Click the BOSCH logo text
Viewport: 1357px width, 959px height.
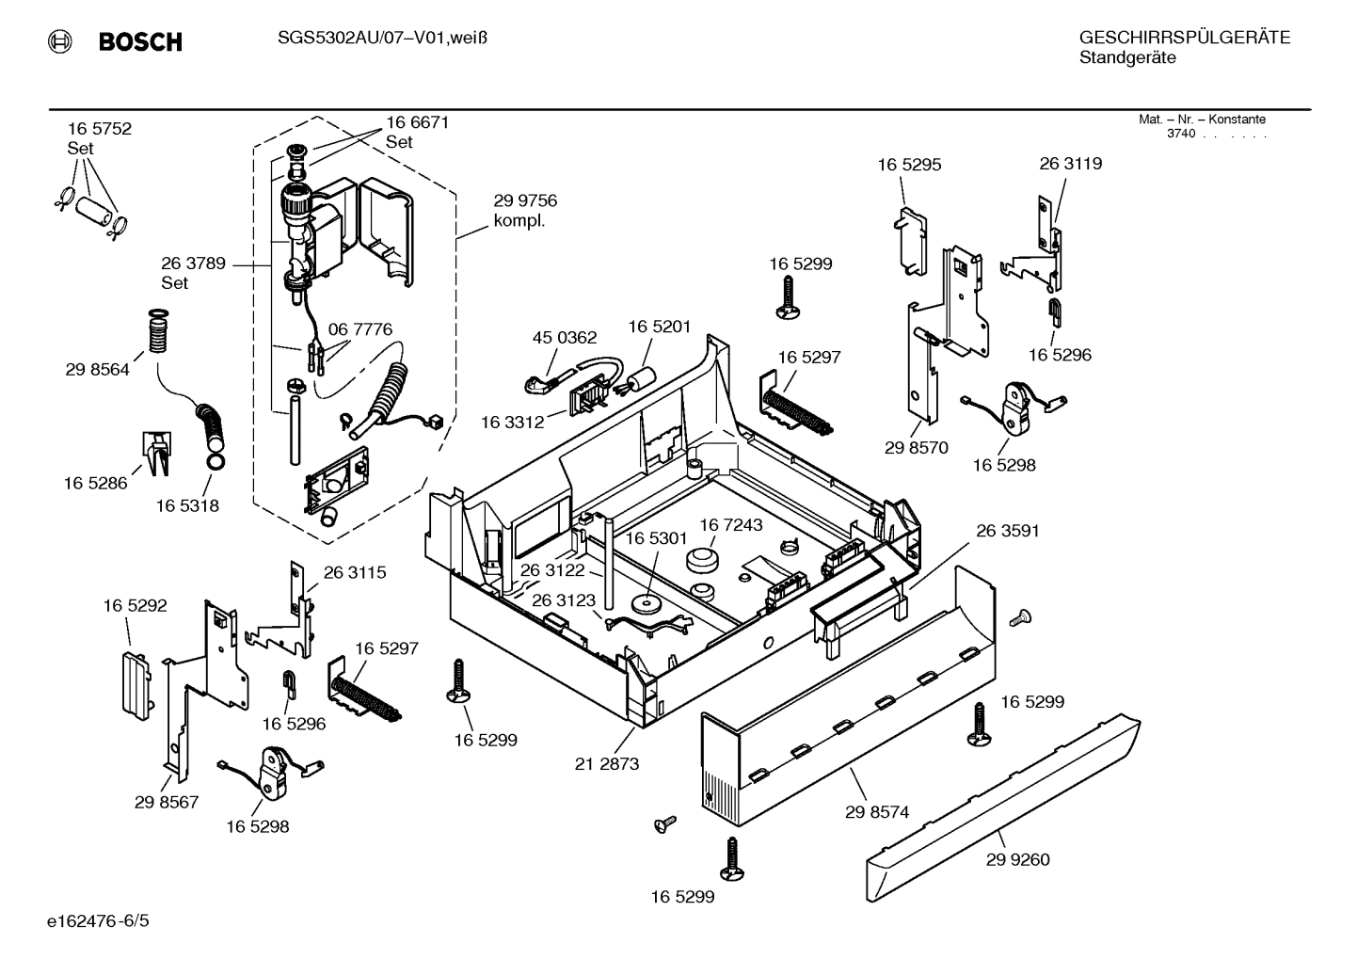(x=139, y=42)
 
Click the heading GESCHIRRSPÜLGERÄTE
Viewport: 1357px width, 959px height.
(x=1184, y=38)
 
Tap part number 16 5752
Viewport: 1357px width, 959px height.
(x=99, y=129)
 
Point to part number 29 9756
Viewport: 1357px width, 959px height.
(x=525, y=200)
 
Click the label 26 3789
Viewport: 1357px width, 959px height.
(x=193, y=264)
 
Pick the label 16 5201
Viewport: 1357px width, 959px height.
(x=659, y=327)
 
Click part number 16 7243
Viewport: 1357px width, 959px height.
(x=730, y=524)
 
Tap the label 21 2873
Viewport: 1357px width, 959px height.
(x=607, y=763)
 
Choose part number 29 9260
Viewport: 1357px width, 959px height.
(x=1018, y=859)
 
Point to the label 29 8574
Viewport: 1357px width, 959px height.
(x=877, y=811)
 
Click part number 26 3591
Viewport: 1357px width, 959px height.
(x=1007, y=531)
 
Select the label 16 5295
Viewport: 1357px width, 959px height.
(x=909, y=165)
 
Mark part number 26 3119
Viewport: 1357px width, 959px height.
(x=1070, y=164)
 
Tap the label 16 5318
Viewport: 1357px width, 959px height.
(x=187, y=505)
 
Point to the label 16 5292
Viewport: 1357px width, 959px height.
(x=135, y=605)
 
